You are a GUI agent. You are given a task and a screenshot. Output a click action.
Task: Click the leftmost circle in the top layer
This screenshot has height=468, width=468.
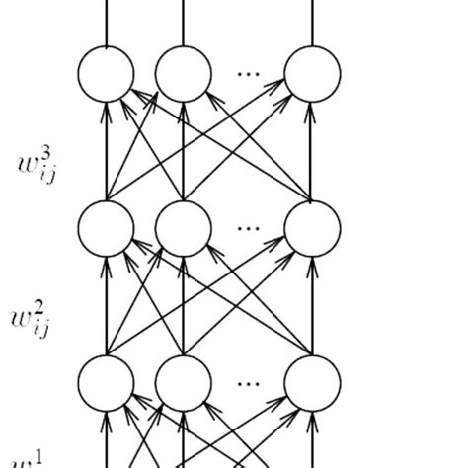(x=106, y=73)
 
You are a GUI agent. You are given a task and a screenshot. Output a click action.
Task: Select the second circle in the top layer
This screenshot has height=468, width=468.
(x=183, y=73)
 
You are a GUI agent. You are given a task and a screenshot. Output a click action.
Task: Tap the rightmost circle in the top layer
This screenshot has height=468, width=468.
(x=312, y=73)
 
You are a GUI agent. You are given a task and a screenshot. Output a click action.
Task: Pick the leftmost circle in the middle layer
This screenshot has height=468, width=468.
(x=106, y=227)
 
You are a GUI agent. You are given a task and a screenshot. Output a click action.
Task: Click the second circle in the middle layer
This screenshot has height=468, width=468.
(x=183, y=227)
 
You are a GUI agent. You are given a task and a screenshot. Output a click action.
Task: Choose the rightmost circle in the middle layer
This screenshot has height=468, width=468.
(x=312, y=227)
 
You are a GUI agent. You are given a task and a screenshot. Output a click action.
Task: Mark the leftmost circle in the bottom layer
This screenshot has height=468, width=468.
(x=106, y=381)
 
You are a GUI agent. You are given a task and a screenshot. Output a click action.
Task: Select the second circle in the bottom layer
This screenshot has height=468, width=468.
(x=183, y=381)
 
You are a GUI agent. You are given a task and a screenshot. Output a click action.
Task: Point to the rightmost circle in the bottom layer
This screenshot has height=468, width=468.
(x=312, y=381)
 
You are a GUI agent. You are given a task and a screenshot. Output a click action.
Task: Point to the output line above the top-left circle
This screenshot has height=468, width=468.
(x=106, y=22)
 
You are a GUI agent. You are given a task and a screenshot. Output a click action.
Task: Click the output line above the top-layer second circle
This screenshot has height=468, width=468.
(x=183, y=22)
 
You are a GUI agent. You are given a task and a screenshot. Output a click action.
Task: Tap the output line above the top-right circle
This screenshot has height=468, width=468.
(x=312, y=22)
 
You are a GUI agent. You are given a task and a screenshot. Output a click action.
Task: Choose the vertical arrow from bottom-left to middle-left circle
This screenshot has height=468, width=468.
(x=106, y=304)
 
